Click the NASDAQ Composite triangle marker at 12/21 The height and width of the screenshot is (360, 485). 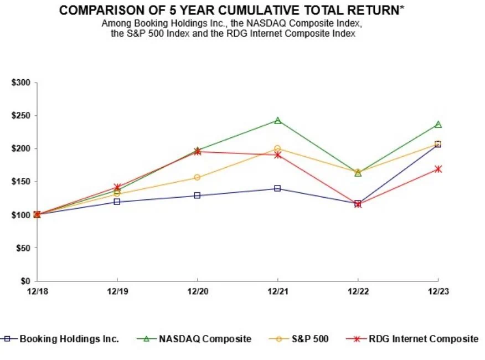coord(277,120)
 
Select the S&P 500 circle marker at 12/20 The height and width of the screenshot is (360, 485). coord(197,177)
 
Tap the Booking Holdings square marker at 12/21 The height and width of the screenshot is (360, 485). coord(277,188)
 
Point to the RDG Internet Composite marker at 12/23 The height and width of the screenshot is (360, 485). coord(438,169)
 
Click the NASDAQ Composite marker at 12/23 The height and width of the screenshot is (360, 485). coord(438,125)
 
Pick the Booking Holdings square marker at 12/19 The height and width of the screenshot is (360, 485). coord(117,202)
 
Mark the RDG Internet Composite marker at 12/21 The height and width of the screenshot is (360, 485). coord(277,155)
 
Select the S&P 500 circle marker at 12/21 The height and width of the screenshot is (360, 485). coord(277,148)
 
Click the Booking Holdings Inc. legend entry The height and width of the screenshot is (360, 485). coord(69,339)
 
